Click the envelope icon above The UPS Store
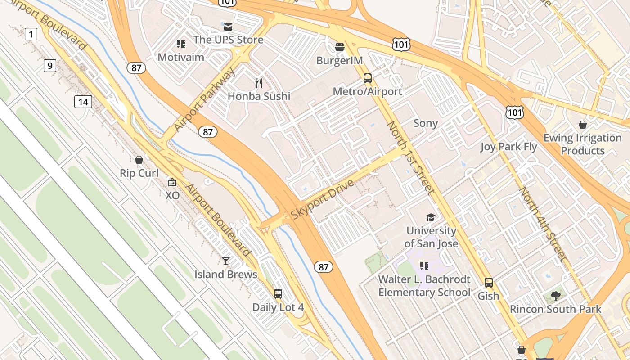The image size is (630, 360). point(228,27)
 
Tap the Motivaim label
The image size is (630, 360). point(181,57)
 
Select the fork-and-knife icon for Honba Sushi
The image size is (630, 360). point(258,83)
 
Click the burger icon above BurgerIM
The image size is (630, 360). point(340,47)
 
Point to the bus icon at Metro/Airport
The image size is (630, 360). point(368,78)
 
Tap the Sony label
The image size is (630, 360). point(425,123)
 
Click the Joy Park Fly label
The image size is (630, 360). point(508,147)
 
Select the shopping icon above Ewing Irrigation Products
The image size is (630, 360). point(583,125)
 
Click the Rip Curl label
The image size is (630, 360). point(139,173)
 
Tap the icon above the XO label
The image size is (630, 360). point(172,182)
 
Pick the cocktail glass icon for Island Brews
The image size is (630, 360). point(225,261)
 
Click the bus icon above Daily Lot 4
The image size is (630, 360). point(278,294)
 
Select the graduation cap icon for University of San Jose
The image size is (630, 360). point(431,218)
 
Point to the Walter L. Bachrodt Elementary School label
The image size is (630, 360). point(424,286)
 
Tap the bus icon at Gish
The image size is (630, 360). point(489,283)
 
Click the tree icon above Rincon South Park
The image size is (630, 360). point(555,296)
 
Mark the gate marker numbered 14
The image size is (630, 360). point(83,102)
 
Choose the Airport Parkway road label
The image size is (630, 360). point(205,100)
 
